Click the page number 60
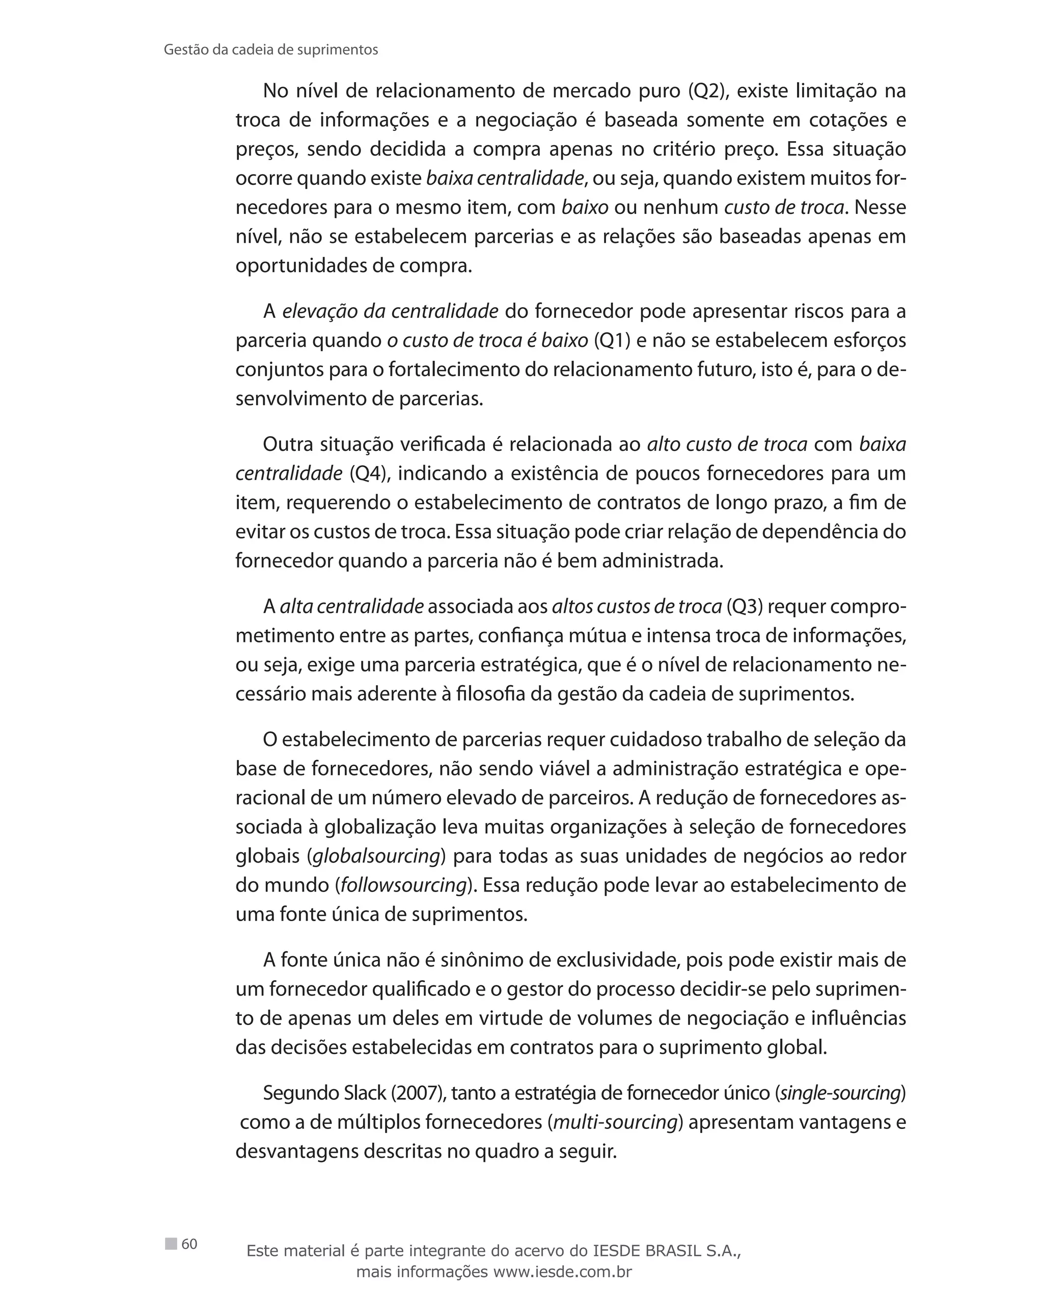[x=189, y=1244]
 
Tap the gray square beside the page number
[x=171, y=1243]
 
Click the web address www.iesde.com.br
[x=562, y=1271]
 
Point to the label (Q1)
[x=612, y=340]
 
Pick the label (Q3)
[x=744, y=606]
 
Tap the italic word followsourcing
[x=404, y=885]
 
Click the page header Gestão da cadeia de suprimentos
[x=271, y=50]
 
